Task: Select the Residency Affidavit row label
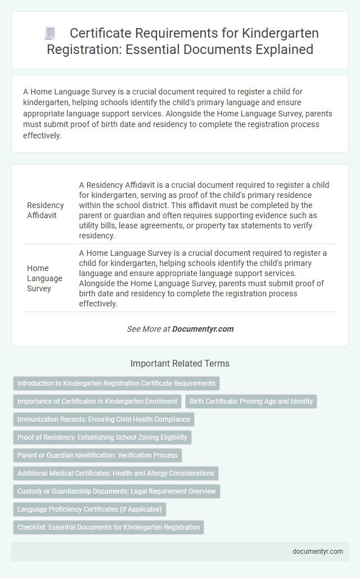46,210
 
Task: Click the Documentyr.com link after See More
203,329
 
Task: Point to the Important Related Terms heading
180,364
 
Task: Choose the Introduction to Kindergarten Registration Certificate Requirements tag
116,383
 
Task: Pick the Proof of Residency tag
102,437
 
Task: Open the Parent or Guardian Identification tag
97,455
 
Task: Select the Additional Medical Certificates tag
116,473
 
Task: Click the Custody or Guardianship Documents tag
116,491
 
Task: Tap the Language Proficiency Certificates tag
89,509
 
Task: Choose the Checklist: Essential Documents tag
109,527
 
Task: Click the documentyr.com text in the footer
318,551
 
